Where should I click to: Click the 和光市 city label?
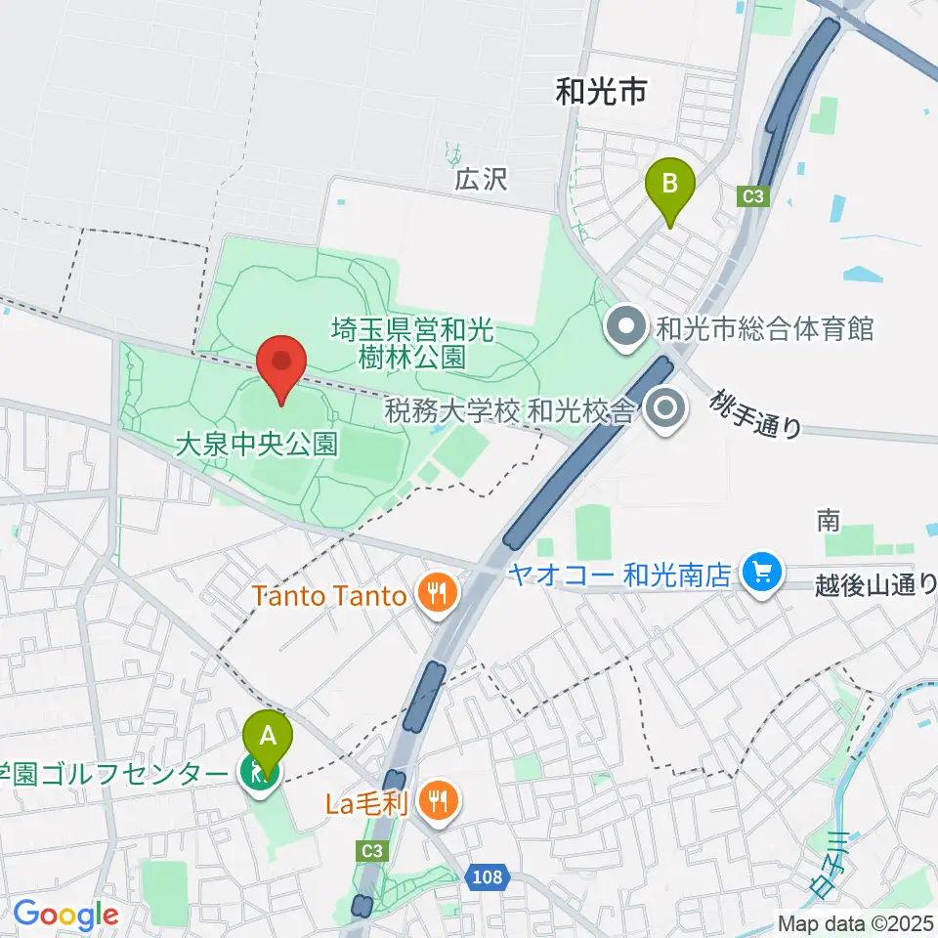[x=600, y=93]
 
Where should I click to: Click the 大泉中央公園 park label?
[x=256, y=446]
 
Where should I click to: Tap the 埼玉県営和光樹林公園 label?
[x=413, y=343]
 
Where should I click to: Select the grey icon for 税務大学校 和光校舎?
[x=667, y=409]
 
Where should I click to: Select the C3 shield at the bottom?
[x=371, y=851]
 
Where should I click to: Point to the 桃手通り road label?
[x=757, y=414]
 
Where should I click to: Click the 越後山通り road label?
[x=875, y=585]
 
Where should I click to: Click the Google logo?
[x=65, y=916]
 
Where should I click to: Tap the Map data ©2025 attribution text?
[x=856, y=922]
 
